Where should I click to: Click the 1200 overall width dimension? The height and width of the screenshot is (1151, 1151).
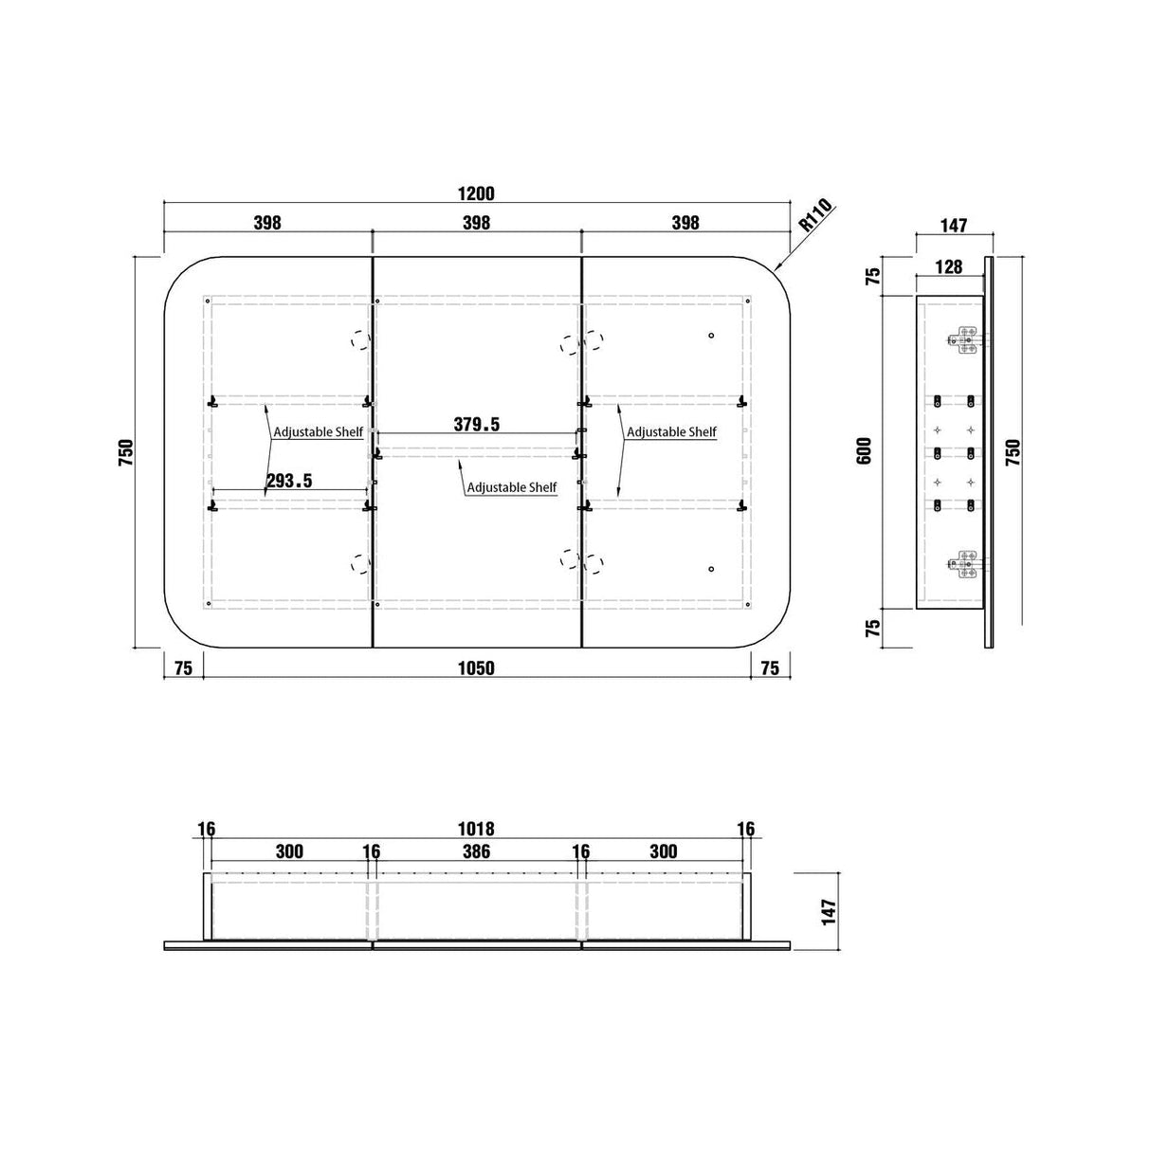point(476,193)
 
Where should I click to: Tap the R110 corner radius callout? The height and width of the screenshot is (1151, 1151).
point(816,215)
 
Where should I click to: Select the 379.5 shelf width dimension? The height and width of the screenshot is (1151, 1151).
point(477,424)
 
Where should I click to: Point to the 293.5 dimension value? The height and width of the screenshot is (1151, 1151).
point(289,481)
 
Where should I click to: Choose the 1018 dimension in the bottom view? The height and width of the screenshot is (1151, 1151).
point(476,829)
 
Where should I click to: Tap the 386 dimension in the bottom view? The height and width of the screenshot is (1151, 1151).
point(476,851)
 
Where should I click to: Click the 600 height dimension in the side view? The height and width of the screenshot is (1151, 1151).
point(865,451)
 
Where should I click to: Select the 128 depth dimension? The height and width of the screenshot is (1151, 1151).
point(949,266)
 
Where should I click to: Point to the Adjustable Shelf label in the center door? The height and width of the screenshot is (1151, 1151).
point(512,487)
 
